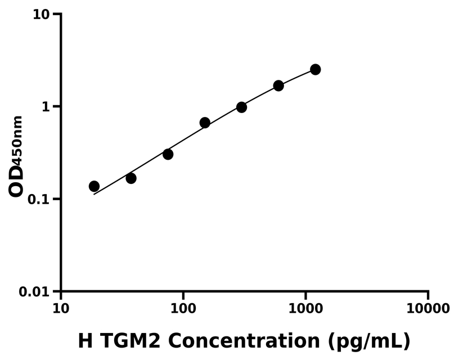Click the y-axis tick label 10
(41, 14)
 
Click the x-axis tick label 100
(183, 309)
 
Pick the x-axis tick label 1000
(305, 309)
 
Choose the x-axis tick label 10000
(428, 309)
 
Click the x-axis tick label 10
(61, 309)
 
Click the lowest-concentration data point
(94, 186)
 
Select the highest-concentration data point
(316, 69)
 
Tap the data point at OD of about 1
(241, 107)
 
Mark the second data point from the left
(131, 178)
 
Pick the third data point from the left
(168, 154)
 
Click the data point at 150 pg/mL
(205, 123)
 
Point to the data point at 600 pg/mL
(278, 85)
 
